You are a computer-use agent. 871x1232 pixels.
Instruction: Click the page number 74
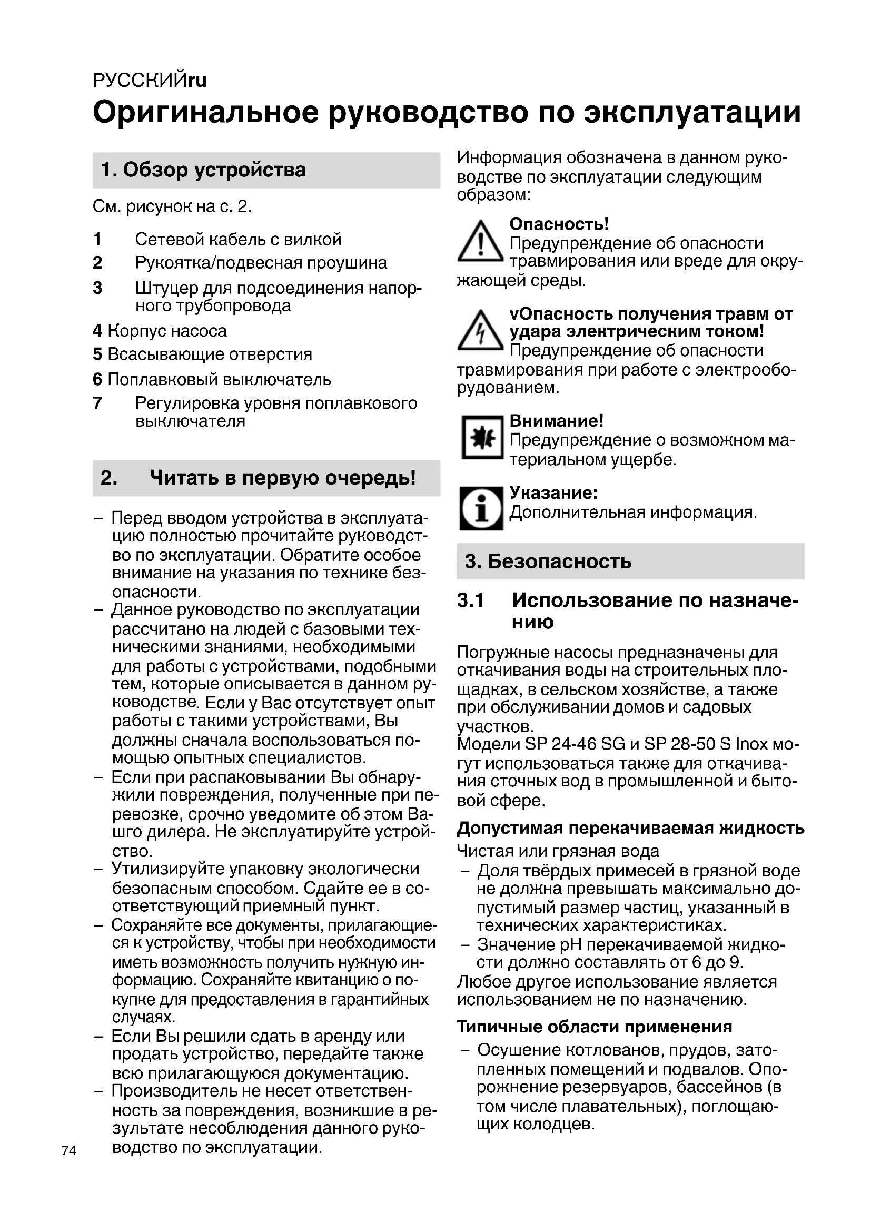pyautogui.click(x=68, y=1150)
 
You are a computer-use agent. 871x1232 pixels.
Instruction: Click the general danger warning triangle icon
pyautogui.click(x=480, y=242)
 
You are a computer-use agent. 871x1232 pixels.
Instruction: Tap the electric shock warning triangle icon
pyautogui.click(x=480, y=331)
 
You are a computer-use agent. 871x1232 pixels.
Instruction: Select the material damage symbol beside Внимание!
pyautogui.click(x=482, y=437)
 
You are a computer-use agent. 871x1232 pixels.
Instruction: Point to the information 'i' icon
pyautogui.click(x=481, y=508)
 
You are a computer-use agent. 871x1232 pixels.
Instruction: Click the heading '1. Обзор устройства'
pyautogui.click(x=203, y=170)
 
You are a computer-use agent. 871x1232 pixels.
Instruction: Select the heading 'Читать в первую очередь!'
pyautogui.click(x=283, y=478)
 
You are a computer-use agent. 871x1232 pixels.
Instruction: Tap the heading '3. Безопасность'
pyautogui.click(x=548, y=561)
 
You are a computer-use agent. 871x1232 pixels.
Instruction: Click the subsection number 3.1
pyautogui.click(x=470, y=600)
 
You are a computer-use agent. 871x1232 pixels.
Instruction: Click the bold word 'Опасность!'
pyautogui.click(x=559, y=224)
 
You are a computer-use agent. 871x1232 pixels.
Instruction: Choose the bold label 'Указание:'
pyautogui.click(x=553, y=492)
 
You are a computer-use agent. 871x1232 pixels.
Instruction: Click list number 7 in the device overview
pyautogui.click(x=97, y=403)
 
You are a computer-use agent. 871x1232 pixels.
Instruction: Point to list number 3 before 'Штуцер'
pyautogui.click(x=97, y=288)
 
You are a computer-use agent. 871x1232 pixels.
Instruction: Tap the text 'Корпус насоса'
pyautogui.click(x=167, y=331)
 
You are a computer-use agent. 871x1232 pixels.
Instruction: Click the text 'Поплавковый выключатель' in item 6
pyautogui.click(x=219, y=379)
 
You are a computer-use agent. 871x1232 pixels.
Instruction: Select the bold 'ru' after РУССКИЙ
pyautogui.click(x=197, y=81)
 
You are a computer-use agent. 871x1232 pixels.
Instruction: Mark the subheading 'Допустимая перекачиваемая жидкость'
pyautogui.click(x=630, y=828)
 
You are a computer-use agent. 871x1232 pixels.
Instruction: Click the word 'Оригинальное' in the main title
pyautogui.click(x=206, y=113)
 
